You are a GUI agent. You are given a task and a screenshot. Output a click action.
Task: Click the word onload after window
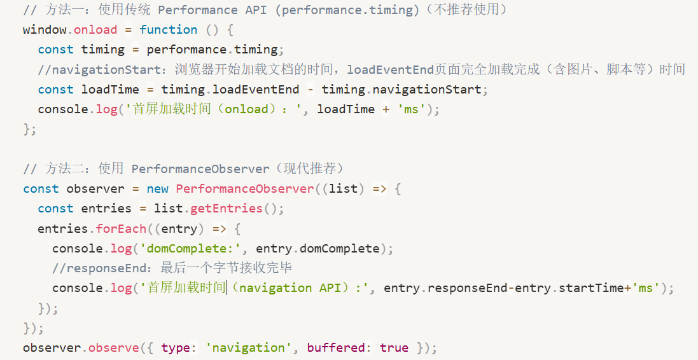coord(96,30)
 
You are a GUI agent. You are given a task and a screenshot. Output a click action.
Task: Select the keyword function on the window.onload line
coord(169,30)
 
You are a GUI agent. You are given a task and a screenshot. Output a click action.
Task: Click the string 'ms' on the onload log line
coord(412,109)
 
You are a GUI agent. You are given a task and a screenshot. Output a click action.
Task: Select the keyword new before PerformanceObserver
coord(158,188)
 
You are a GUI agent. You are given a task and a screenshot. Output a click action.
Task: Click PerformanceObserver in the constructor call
coord(245,188)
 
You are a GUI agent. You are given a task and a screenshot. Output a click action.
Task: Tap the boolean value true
coord(394,347)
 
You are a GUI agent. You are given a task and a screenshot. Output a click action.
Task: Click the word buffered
coord(335,347)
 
